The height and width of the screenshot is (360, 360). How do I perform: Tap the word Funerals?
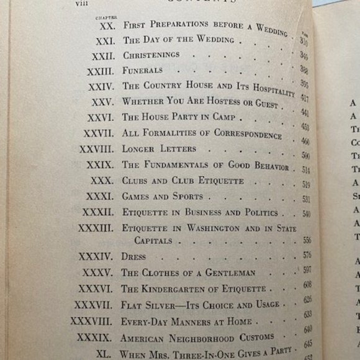click(x=142, y=71)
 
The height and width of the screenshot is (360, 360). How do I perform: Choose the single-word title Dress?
click(x=134, y=256)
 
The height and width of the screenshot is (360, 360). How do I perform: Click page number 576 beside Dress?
click(x=307, y=254)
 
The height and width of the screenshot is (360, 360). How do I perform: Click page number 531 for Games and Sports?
click(x=306, y=199)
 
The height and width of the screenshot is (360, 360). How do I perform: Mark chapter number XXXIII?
click(x=95, y=228)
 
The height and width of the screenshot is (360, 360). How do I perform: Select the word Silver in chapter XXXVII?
click(x=158, y=305)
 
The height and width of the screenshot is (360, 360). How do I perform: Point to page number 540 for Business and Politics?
click(x=306, y=214)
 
